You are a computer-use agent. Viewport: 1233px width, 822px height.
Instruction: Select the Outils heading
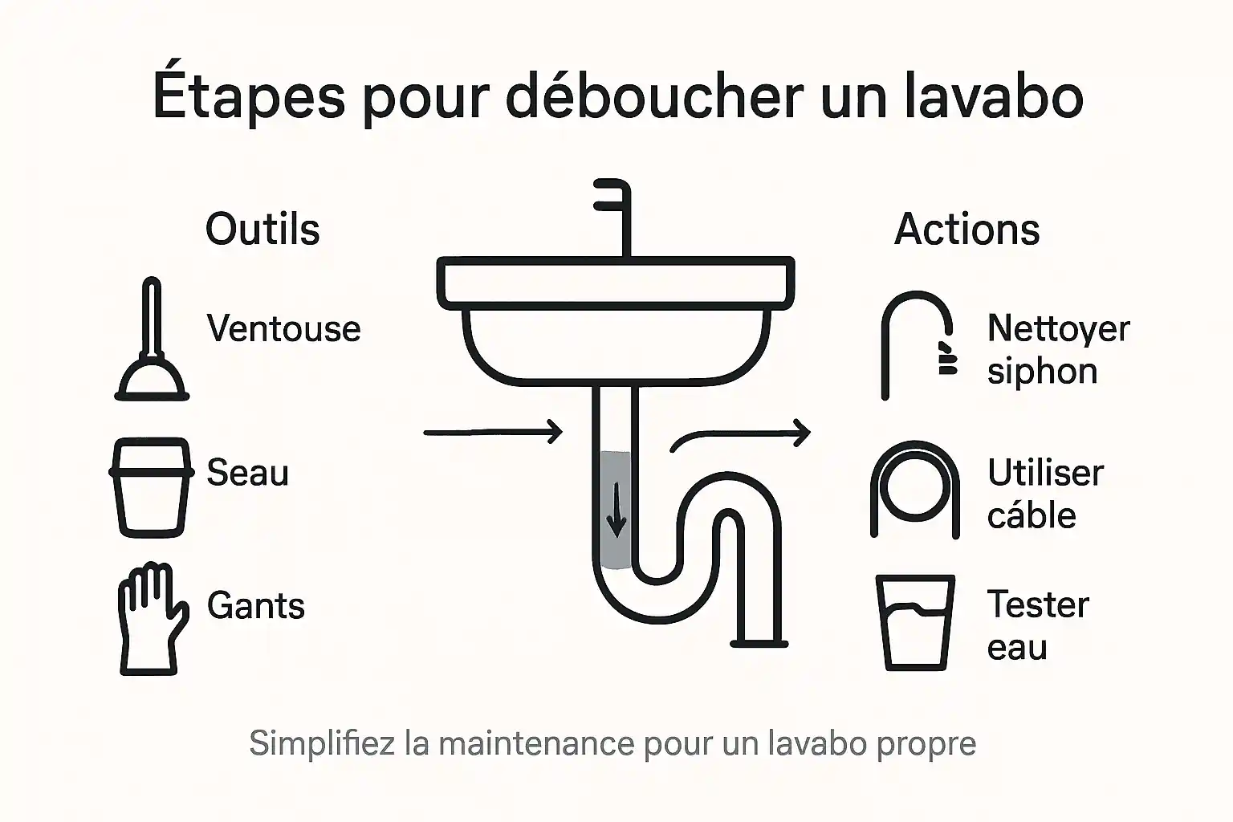[262, 230]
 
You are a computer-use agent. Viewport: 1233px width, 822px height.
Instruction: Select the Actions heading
[966, 230]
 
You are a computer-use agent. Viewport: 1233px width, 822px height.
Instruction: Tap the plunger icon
[152, 341]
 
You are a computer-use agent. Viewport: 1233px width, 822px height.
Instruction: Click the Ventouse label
[283, 328]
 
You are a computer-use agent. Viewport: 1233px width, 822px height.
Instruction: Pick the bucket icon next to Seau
[152, 486]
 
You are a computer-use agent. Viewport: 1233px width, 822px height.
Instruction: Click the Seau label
[247, 472]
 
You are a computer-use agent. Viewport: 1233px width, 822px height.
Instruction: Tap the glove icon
[151, 618]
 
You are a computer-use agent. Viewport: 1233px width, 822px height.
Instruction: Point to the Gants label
[256, 605]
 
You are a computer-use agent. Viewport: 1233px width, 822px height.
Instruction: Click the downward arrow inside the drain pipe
[616, 511]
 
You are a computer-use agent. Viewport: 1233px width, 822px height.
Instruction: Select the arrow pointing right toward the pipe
[493, 432]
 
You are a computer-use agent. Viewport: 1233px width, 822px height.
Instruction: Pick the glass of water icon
[916, 622]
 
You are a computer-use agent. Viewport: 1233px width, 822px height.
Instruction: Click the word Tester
[1038, 604]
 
